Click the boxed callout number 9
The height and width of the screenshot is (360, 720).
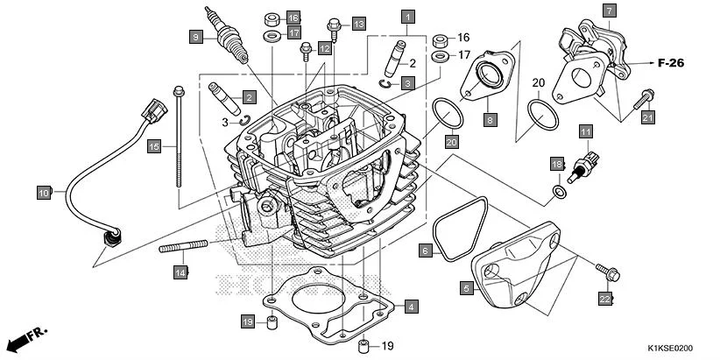pyautogui.click(x=196, y=36)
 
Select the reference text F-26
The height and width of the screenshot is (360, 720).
pyautogui.click(x=670, y=64)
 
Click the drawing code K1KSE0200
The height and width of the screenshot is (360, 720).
pyautogui.click(x=675, y=349)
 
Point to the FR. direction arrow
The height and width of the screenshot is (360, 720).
pyautogui.click(x=26, y=337)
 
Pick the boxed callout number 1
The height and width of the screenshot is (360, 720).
pyautogui.click(x=407, y=15)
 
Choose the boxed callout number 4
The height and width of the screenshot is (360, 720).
pyautogui.click(x=411, y=307)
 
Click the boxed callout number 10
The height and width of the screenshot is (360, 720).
pyautogui.click(x=44, y=191)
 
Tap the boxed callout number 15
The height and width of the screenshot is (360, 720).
pyautogui.click(x=153, y=146)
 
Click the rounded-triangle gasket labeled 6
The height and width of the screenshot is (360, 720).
pyautogui.click(x=455, y=229)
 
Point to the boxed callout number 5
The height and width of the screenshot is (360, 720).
pyautogui.click(x=467, y=286)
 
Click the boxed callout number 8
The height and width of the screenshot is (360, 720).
pyautogui.click(x=490, y=118)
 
